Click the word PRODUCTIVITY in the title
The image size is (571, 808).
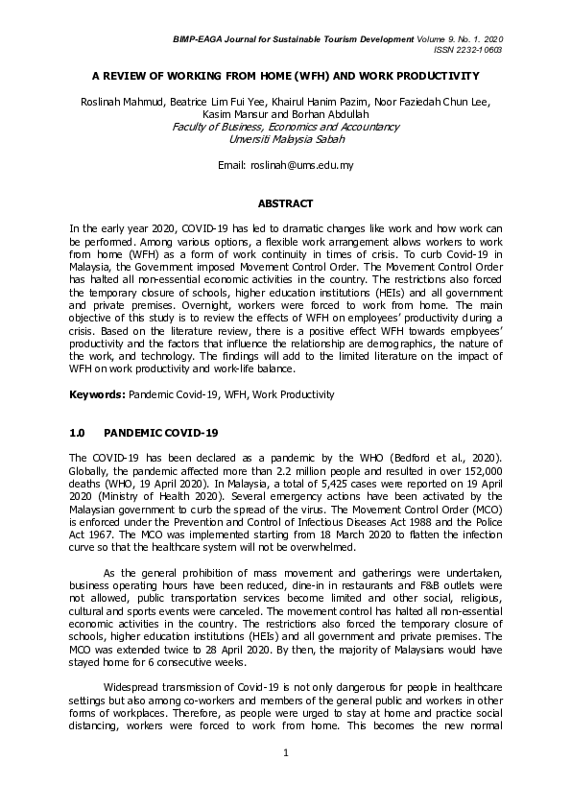pyautogui.click(x=437, y=74)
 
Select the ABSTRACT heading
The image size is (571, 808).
pyautogui.click(x=285, y=203)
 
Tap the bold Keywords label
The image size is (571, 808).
pyautogui.click(x=96, y=394)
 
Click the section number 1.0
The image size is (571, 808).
pyautogui.click(x=79, y=433)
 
